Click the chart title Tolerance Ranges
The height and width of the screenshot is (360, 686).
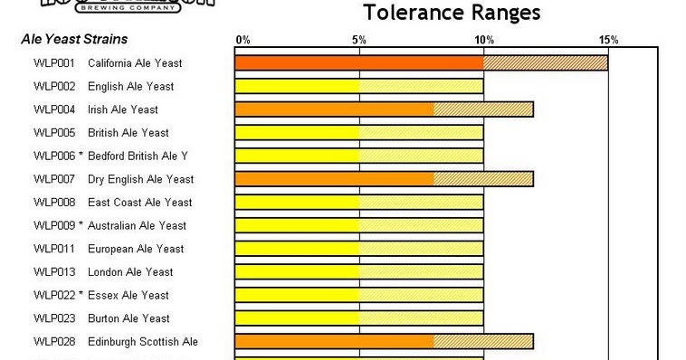click(452, 13)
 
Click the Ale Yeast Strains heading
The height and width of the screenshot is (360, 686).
click(74, 40)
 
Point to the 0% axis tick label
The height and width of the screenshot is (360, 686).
click(243, 40)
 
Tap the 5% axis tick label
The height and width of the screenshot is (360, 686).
click(359, 40)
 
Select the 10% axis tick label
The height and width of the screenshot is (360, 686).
click(484, 40)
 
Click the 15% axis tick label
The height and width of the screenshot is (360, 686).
click(608, 40)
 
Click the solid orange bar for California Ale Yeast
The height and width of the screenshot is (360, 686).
click(359, 63)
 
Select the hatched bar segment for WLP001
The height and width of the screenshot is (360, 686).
click(546, 63)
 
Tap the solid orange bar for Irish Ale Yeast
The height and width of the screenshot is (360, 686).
click(334, 109)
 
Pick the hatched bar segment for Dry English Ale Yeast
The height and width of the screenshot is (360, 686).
click(483, 179)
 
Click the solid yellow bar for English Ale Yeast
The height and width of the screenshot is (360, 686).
click(297, 87)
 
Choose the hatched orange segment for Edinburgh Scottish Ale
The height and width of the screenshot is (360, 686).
click(483, 342)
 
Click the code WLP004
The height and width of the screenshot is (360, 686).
click(54, 109)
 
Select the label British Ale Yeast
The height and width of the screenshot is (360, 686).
click(129, 133)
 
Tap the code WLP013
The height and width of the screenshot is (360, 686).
click(54, 272)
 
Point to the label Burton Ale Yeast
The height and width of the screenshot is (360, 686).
click(129, 318)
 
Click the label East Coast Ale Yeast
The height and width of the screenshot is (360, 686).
click(139, 203)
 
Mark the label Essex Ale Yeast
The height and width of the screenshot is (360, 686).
click(128, 295)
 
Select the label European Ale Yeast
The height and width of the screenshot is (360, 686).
click(136, 249)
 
